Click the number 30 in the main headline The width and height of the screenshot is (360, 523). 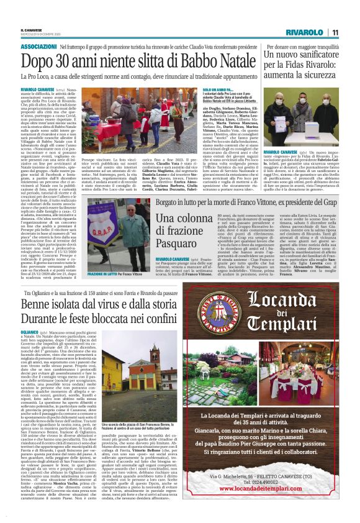(x=62, y=60)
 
